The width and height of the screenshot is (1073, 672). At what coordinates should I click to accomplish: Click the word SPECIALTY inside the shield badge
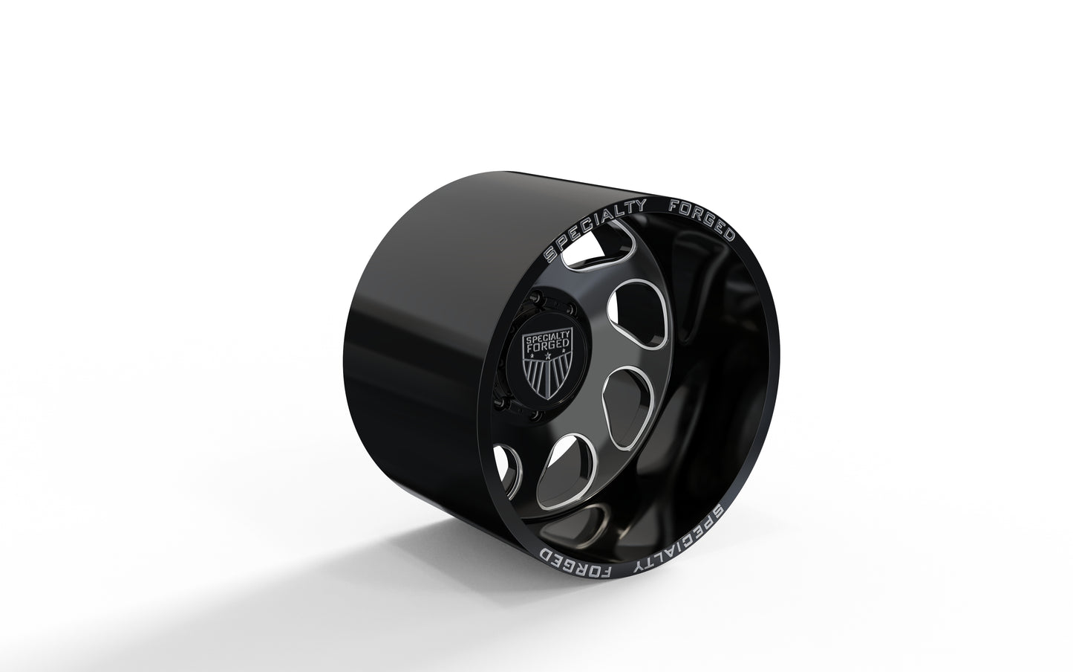coord(547,337)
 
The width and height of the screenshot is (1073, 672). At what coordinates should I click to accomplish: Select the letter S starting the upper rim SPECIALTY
coord(550,254)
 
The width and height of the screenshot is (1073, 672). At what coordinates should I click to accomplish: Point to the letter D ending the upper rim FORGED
coord(729,237)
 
